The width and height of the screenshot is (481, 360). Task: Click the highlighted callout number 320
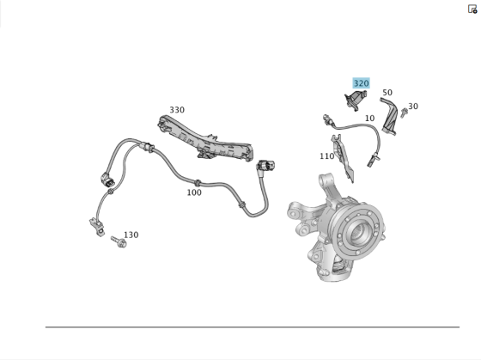[x=361, y=83]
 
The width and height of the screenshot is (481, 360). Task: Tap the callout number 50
[x=387, y=93]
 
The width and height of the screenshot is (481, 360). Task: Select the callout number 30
[x=413, y=107]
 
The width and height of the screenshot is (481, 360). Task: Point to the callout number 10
[x=369, y=119]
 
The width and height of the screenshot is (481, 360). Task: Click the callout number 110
[x=326, y=156]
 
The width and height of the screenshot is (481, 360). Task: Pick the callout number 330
[x=177, y=110]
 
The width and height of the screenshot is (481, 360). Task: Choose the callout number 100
[x=194, y=192]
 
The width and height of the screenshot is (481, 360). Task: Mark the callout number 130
[x=131, y=235]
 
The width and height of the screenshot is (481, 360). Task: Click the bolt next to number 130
[x=119, y=242]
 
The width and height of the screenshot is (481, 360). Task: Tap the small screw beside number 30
[x=404, y=113]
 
